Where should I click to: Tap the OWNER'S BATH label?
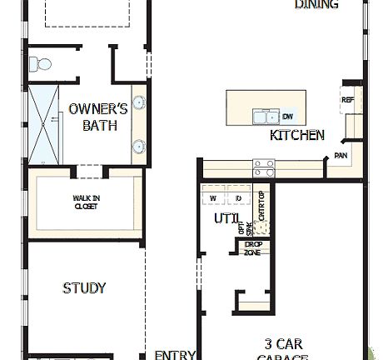(x=98, y=117)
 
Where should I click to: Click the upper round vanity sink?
(x=138, y=104)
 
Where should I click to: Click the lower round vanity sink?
(x=138, y=147)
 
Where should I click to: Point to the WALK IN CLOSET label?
(x=86, y=202)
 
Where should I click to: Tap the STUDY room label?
(x=84, y=288)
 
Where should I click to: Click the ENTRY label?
(x=176, y=353)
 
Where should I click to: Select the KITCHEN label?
(x=297, y=135)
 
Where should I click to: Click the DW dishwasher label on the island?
(x=287, y=117)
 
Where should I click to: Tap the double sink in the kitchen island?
(x=266, y=116)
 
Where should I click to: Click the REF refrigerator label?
(x=348, y=100)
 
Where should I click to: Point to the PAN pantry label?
(x=341, y=155)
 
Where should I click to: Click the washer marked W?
(x=213, y=198)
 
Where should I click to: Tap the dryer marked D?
(x=237, y=198)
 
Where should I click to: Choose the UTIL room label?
(x=226, y=218)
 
